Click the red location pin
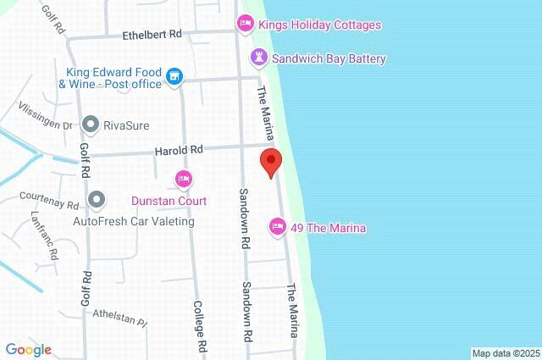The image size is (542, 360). [x=270, y=161]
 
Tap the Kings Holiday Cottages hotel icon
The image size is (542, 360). [x=246, y=25]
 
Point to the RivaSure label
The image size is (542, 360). [x=126, y=125]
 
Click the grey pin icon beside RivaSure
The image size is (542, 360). [x=91, y=125]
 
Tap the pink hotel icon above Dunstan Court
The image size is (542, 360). [x=183, y=180]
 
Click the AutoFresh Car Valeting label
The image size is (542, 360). [x=134, y=221]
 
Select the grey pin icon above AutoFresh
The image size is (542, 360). [x=97, y=201]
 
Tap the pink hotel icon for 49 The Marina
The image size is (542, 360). [x=277, y=227]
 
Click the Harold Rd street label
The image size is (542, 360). [x=179, y=150]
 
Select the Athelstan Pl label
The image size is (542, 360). [x=120, y=318]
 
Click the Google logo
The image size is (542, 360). [x=28, y=349]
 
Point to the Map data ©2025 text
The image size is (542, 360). [x=506, y=353]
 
